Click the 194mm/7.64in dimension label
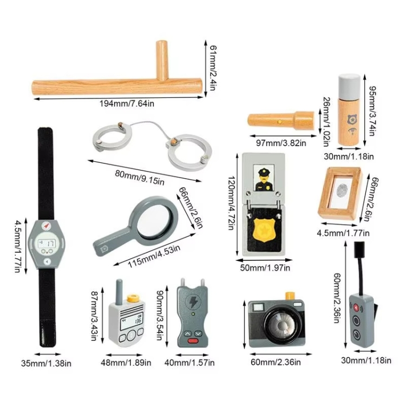click(117, 103)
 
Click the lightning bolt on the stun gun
click(193, 303)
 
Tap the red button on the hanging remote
click(356, 307)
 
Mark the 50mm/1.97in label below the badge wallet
click(265, 267)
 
